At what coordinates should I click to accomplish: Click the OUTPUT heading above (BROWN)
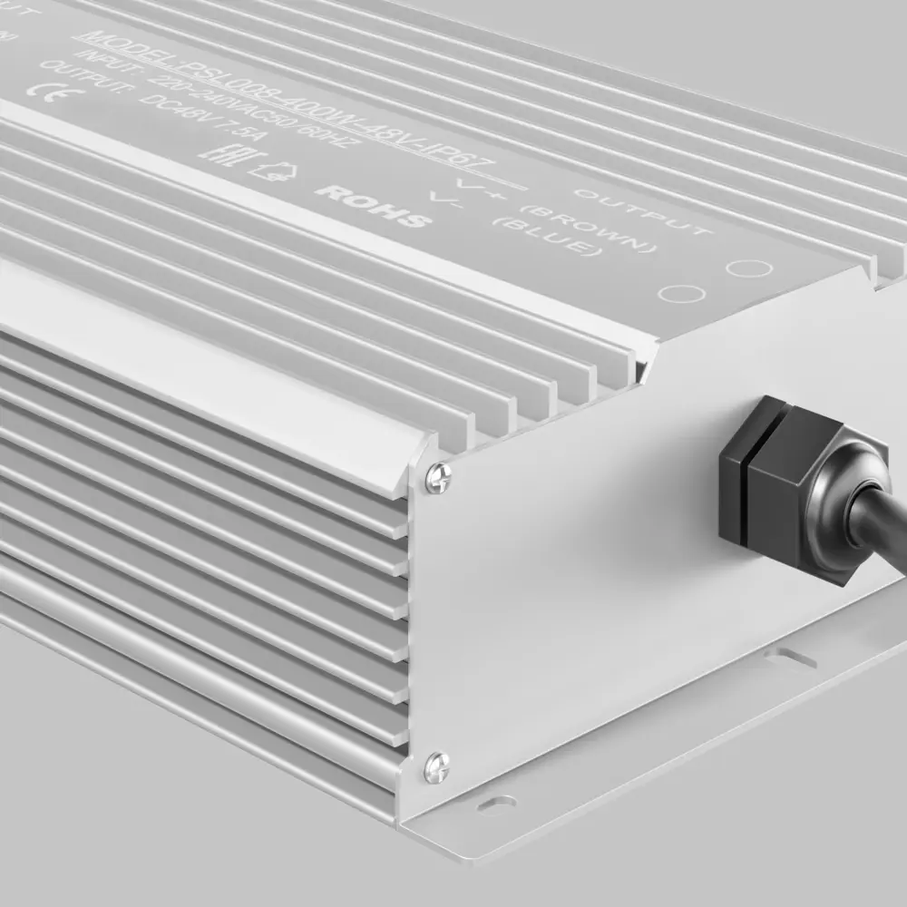643,210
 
